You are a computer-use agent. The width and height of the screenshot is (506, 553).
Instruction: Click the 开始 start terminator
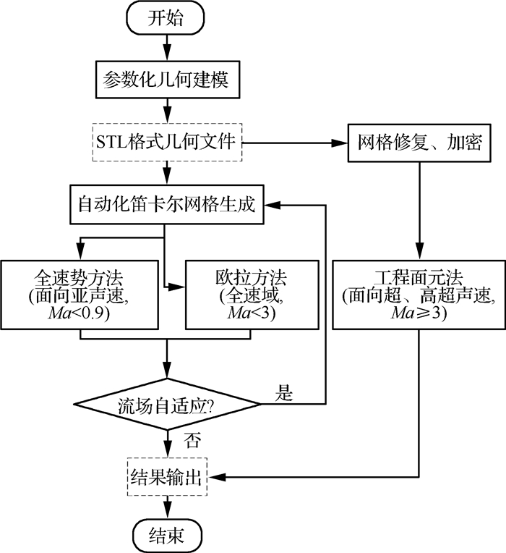coord(166,19)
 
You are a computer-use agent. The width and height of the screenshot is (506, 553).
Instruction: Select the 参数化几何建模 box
coord(167,77)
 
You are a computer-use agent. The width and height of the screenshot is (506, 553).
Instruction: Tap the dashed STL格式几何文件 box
coord(167,142)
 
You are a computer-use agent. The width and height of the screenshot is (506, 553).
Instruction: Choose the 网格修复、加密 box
coord(420,142)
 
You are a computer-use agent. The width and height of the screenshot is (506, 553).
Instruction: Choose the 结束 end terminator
coord(166,536)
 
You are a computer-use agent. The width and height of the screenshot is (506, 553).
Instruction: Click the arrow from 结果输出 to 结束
coord(167,506)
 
